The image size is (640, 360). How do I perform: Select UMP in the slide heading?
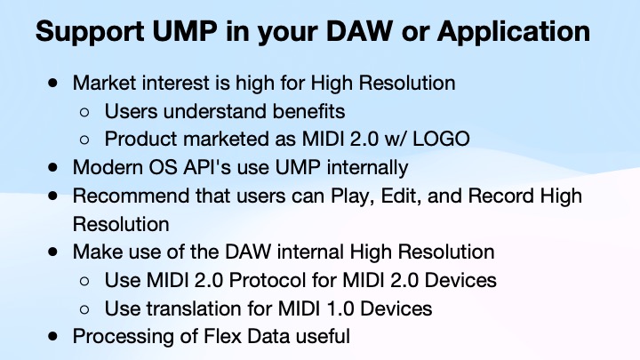(x=184, y=31)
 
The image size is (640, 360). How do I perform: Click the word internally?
(x=367, y=166)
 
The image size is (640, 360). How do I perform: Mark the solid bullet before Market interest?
(x=54, y=84)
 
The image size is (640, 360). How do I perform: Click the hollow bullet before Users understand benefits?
(x=84, y=112)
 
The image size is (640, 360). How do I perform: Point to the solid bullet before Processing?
(x=54, y=336)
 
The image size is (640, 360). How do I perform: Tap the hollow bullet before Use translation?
(x=84, y=309)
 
